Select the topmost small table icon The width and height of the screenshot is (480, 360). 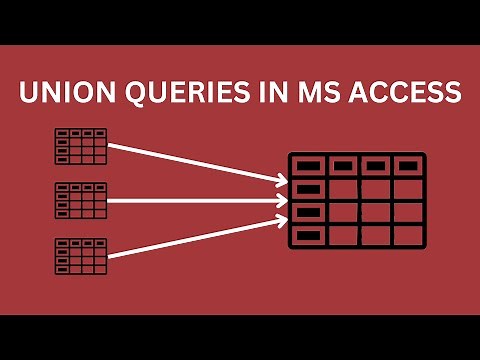[81, 146]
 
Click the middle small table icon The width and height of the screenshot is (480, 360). [81, 200]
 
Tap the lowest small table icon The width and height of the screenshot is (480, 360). [81, 254]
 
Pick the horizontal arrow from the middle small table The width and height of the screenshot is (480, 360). [190, 201]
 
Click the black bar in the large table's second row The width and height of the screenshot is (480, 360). [308, 188]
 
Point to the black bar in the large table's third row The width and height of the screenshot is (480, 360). [308, 212]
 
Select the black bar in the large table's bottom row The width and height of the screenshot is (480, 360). [308, 235]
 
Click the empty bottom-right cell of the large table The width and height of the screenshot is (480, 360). [407, 235]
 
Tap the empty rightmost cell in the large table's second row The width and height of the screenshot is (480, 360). [407, 188]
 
